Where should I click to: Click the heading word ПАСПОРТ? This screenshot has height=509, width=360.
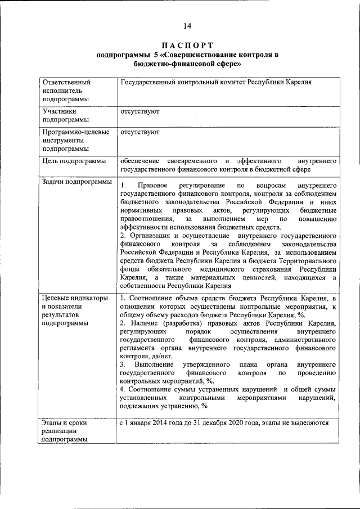[x=187, y=44]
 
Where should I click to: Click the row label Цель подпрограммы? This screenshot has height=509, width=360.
[x=74, y=161]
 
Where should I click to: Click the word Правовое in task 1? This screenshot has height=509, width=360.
[x=154, y=185]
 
